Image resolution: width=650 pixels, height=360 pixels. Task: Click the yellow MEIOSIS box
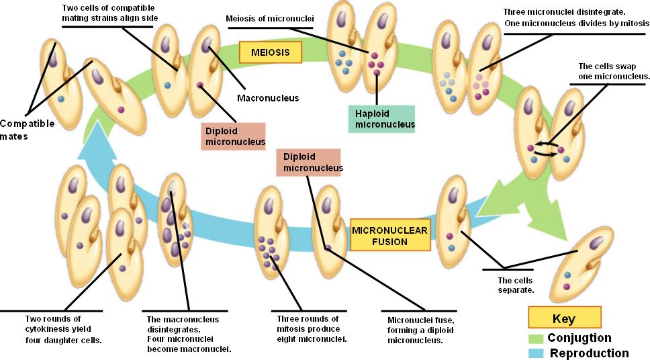271,52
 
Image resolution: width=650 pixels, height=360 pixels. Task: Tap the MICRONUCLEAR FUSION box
389,236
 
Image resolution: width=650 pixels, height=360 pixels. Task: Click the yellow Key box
563,318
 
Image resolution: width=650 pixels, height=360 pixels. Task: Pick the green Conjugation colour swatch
536,339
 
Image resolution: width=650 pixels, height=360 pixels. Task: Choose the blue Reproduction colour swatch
536,353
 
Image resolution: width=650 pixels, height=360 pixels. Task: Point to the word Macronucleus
267,98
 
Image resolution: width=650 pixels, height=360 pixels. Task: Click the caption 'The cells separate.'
515,285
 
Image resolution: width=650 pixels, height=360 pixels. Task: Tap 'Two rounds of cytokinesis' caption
52,329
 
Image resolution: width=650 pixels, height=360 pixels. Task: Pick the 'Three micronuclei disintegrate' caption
576,18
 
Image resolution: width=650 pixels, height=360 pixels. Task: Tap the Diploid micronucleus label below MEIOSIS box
232,136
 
